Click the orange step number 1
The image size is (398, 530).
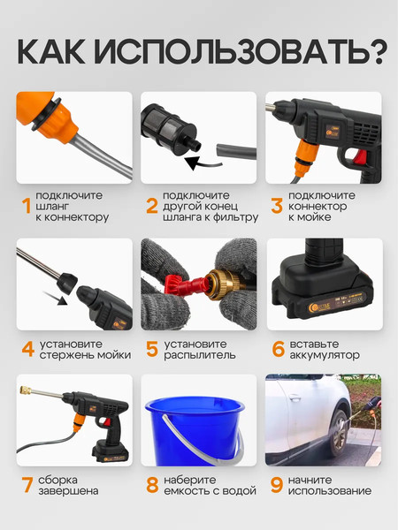point(27,206)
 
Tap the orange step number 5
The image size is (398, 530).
point(152,349)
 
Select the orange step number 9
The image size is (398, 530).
point(277,485)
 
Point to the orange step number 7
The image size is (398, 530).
point(27,485)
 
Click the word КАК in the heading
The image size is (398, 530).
point(50,52)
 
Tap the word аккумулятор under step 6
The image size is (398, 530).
point(325,355)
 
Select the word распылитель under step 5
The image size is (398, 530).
point(199,355)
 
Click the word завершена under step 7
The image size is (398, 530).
point(68,491)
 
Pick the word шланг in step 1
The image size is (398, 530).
point(52,207)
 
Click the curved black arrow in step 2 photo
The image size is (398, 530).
point(203,163)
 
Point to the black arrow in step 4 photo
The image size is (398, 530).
point(56,298)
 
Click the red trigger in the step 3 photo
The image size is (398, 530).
point(360,156)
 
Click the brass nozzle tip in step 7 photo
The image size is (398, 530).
point(26,390)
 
